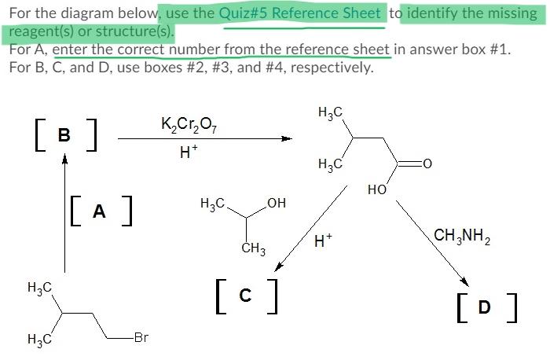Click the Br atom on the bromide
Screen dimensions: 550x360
[x=141, y=338]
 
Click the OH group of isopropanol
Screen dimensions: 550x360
[x=277, y=204]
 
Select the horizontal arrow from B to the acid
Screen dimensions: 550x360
[x=204, y=139]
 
